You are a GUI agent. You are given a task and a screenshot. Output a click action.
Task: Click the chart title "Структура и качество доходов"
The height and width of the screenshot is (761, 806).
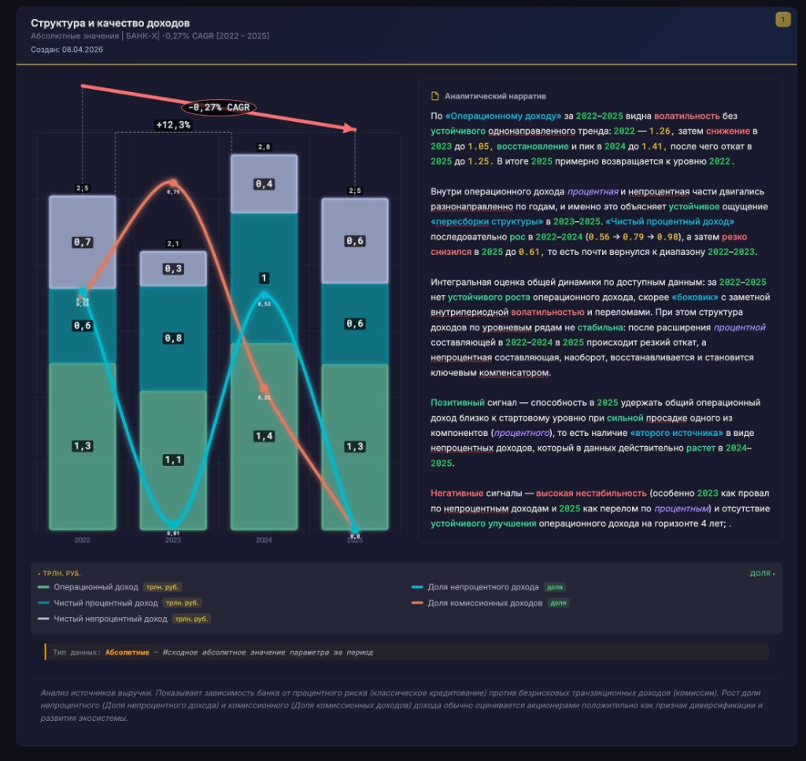point(110,24)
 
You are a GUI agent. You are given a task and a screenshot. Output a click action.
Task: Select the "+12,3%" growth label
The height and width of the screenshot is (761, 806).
point(173,125)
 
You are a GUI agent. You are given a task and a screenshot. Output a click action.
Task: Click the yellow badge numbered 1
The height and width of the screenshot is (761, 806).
point(782,20)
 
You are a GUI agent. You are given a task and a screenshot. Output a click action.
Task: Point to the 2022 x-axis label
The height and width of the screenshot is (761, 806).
point(83,541)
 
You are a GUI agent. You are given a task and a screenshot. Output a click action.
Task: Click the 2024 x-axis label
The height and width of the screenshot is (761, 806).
point(264,541)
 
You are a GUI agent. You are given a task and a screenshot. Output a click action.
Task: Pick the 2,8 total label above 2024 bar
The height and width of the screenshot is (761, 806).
point(264,147)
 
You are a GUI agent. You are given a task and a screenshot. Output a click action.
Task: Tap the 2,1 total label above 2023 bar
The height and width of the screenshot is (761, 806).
point(173,244)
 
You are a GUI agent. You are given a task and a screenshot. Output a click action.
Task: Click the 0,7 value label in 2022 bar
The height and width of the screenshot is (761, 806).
point(83,242)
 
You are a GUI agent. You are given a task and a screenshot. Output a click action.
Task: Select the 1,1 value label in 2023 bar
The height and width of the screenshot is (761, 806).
point(173,460)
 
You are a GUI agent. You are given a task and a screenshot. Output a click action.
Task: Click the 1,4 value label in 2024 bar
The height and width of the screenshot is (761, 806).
point(264,436)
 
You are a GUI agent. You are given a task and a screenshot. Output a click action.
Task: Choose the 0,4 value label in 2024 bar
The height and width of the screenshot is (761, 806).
point(264,184)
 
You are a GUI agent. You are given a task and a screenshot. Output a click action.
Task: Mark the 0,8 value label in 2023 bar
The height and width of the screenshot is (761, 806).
point(173,338)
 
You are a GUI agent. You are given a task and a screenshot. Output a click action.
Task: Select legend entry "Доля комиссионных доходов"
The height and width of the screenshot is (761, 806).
point(485,603)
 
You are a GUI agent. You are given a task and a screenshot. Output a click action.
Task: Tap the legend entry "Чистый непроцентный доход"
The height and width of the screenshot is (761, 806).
point(110,619)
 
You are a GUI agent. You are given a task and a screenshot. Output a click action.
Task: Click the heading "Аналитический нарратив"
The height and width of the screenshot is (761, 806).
point(495,96)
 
